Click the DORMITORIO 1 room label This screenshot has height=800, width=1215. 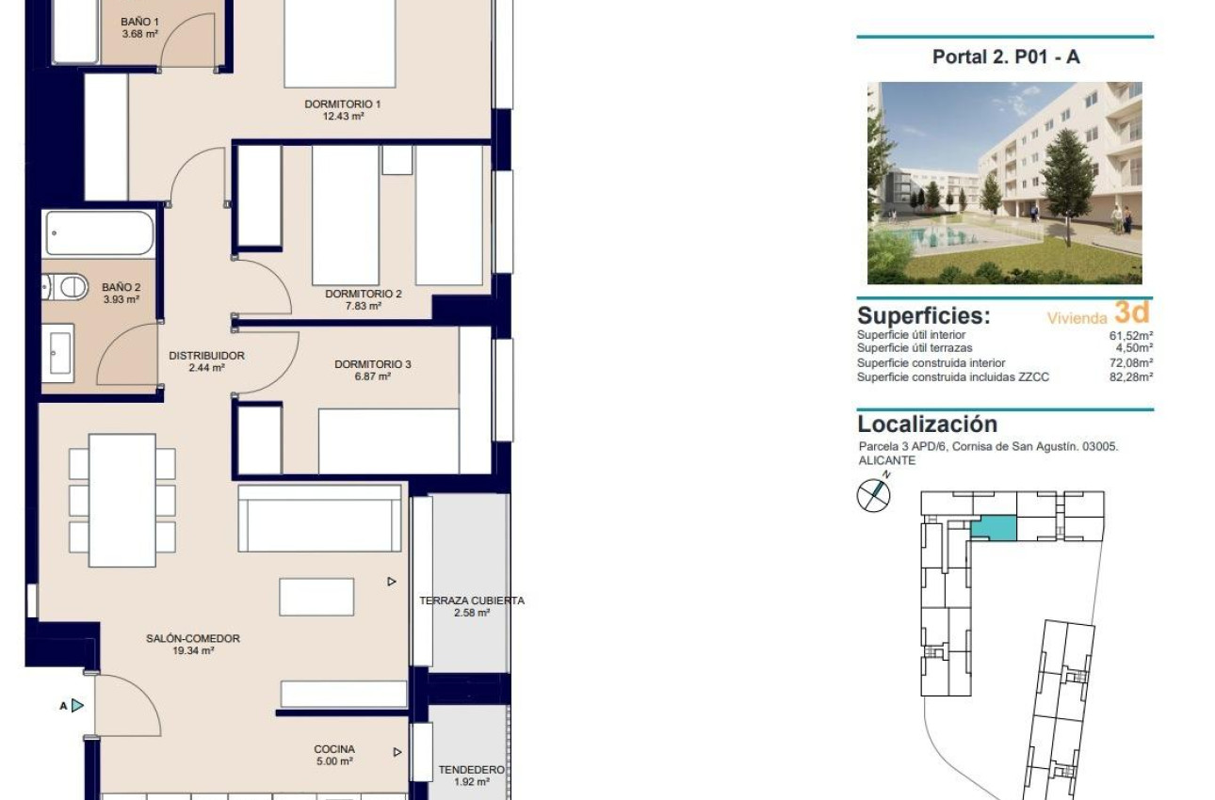342,104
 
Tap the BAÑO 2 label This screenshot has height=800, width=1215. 121,287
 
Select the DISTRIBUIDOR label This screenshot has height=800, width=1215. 206,356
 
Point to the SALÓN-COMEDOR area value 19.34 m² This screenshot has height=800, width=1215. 193,650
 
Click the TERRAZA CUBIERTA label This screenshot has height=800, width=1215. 472,600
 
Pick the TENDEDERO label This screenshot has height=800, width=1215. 471,769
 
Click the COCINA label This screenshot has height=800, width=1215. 334,749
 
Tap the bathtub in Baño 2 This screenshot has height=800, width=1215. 99,232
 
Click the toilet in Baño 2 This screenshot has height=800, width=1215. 65,287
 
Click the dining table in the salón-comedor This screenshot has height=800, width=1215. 122,500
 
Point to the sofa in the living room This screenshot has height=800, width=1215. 320,519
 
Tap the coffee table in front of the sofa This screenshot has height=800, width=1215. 316,597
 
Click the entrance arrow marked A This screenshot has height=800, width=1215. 76,705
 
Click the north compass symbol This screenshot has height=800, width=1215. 873,494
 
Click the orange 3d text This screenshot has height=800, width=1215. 1131,312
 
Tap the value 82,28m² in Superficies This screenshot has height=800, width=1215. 1131,377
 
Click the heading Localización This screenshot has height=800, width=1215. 927,424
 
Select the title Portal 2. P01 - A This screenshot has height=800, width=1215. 1005,56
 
